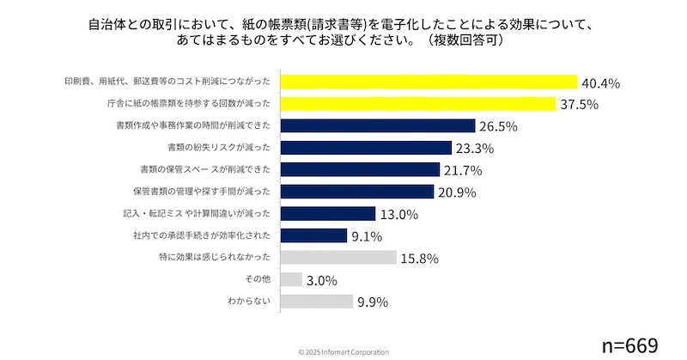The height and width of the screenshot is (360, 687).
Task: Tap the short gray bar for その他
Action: (291, 279)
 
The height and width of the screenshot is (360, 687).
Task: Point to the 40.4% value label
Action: (601, 83)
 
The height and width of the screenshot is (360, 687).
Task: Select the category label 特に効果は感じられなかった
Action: (217, 258)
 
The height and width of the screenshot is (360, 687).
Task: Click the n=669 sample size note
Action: (629, 345)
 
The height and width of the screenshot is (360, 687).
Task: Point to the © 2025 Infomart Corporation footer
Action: (343, 352)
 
